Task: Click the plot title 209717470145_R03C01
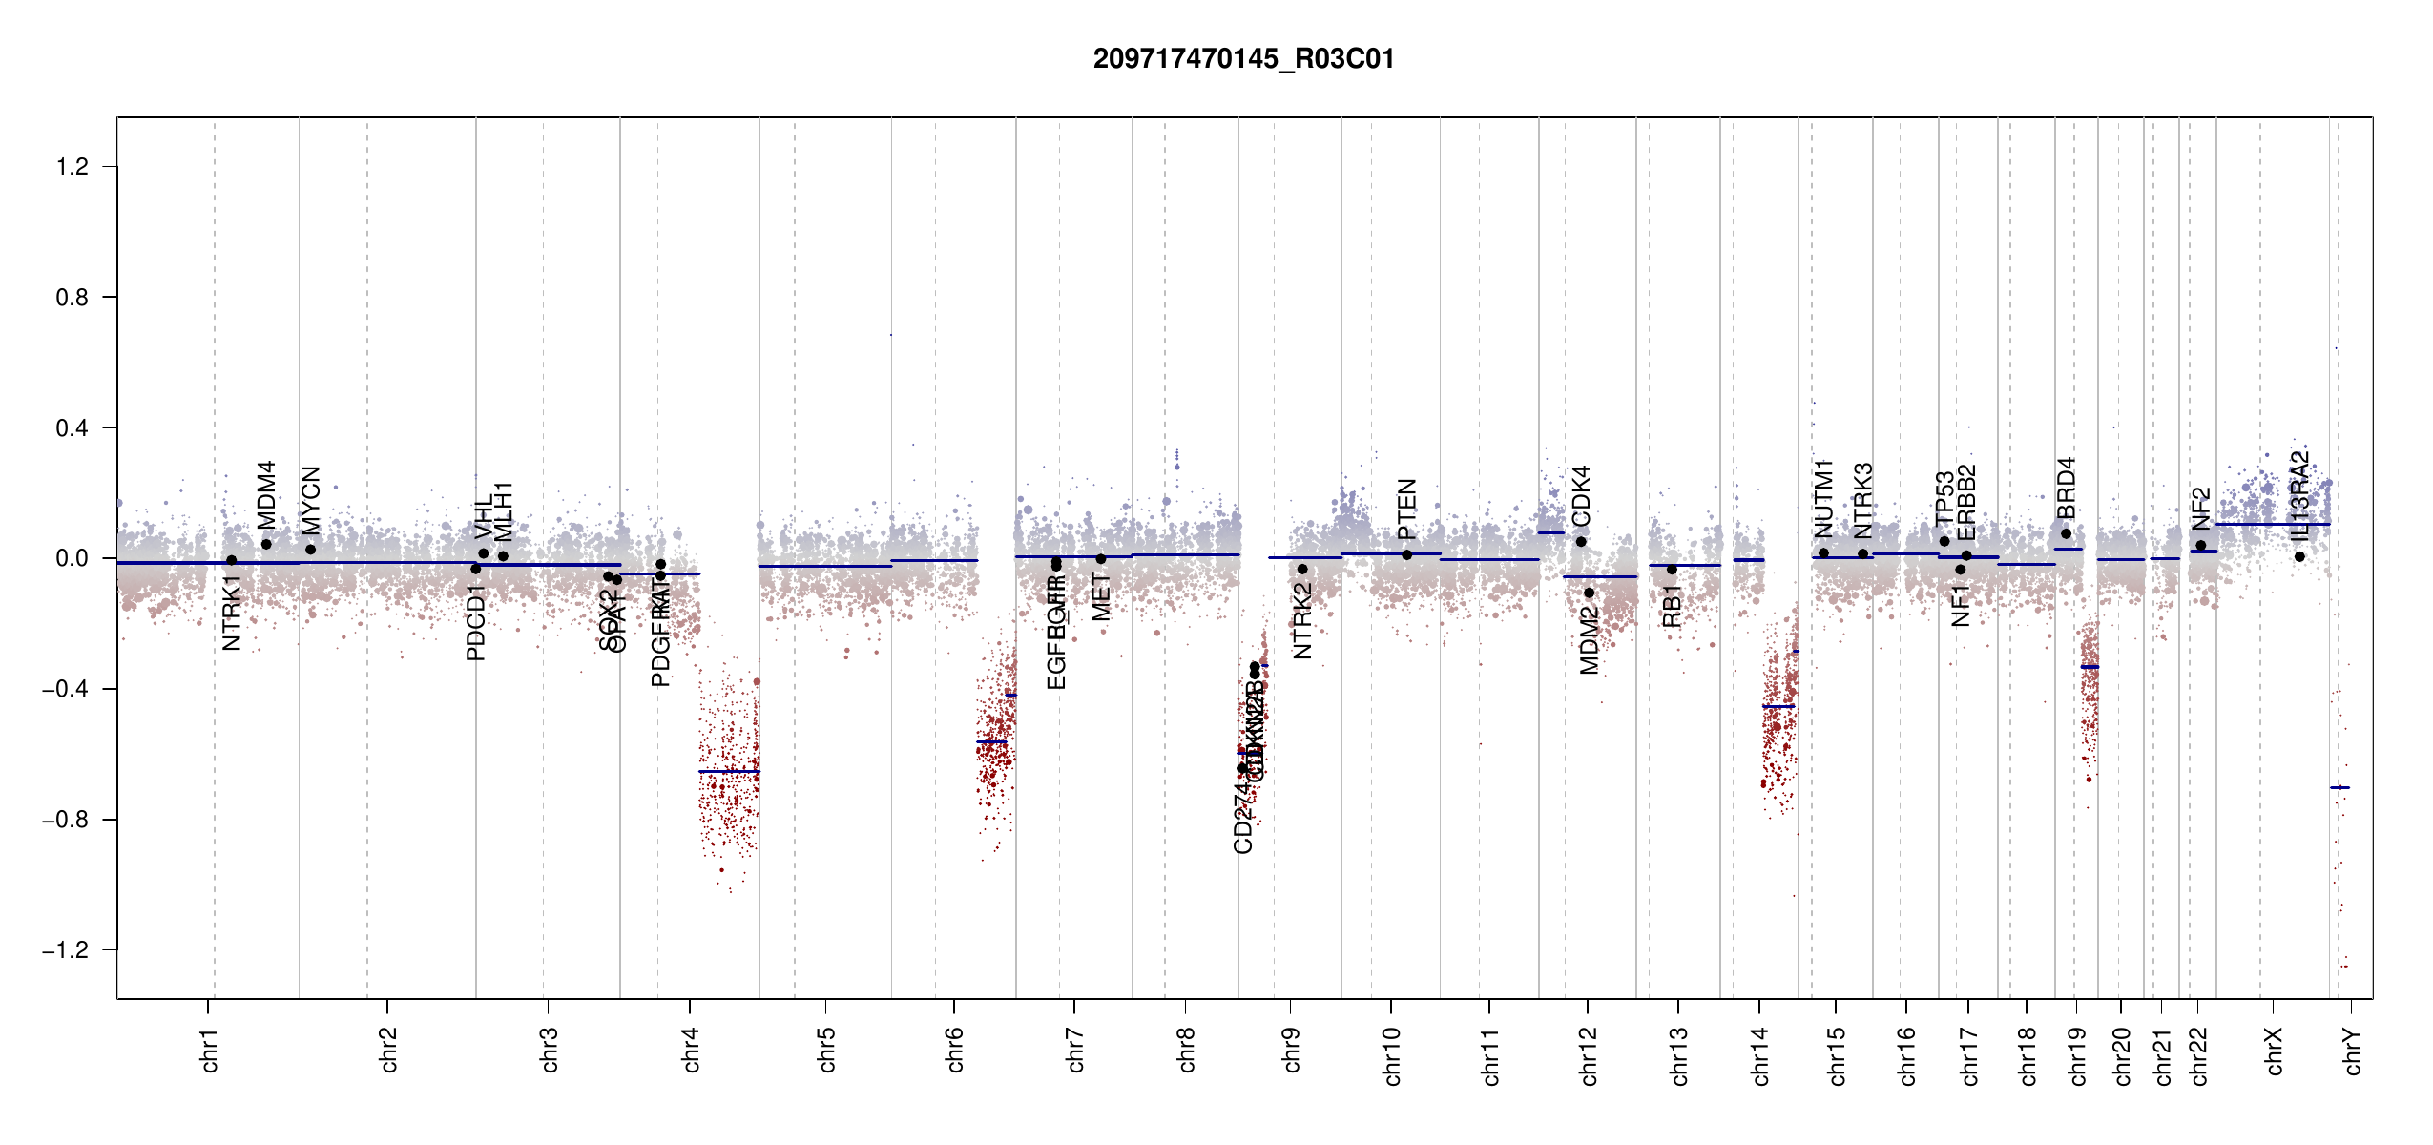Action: (1243, 59)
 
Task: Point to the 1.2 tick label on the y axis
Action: (72, 167)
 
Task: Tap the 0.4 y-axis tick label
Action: (72, 428)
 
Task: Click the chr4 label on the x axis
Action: (691, 1050)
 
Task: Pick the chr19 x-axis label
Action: (2077, 1055)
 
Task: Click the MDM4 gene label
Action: (266, 494)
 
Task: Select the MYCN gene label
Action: (310, 500)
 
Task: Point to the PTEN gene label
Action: (1406, 510)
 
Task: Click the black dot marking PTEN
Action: (1406, 554)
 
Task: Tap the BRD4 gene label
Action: (2066, 488)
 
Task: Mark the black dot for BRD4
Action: (2066, 533)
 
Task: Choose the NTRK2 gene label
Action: (1302, 621)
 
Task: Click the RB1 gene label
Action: (1672, 607)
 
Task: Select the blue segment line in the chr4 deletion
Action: (729, 771)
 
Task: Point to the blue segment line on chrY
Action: (2339, 787)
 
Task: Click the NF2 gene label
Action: (2200, 508)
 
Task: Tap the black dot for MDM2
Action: (1589, 593)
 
